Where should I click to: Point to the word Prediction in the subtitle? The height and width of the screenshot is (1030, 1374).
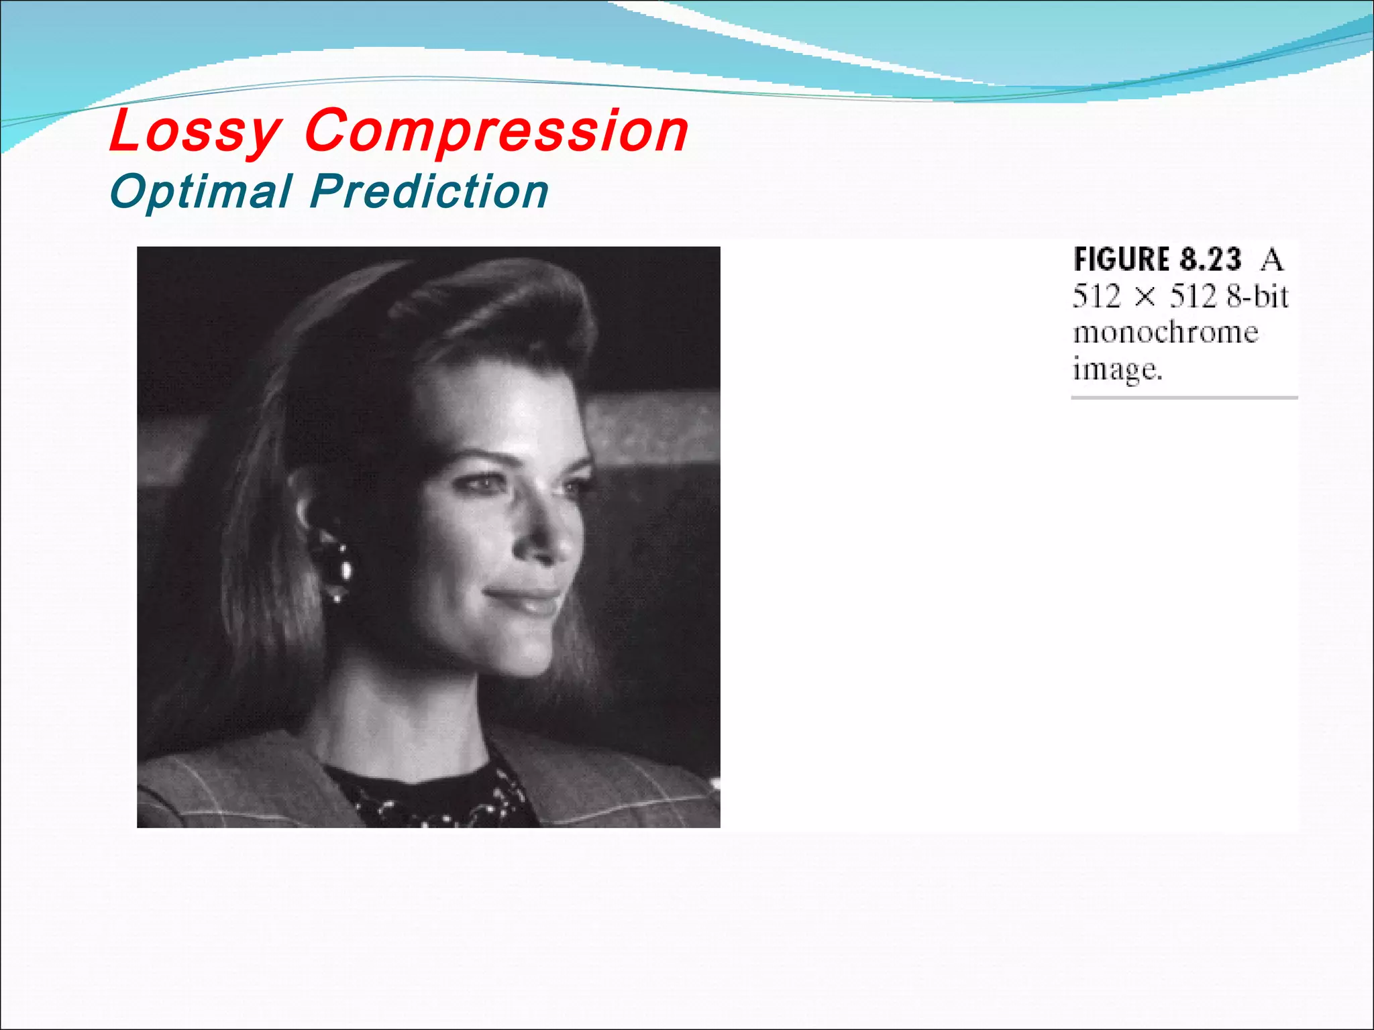(429, 192)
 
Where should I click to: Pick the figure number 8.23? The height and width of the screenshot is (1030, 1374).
(1210, 260)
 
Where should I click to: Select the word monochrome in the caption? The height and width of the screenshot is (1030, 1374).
(1165, 333)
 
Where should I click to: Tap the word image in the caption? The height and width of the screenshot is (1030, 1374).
(1117, 369)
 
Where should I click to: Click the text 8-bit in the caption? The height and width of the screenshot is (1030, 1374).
(1258, 296)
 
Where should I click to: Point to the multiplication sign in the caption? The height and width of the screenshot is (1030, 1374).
(1146, 297)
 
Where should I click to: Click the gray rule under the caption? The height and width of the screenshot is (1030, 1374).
(1184, 398)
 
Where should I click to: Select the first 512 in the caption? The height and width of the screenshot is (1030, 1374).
(1097, 296)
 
